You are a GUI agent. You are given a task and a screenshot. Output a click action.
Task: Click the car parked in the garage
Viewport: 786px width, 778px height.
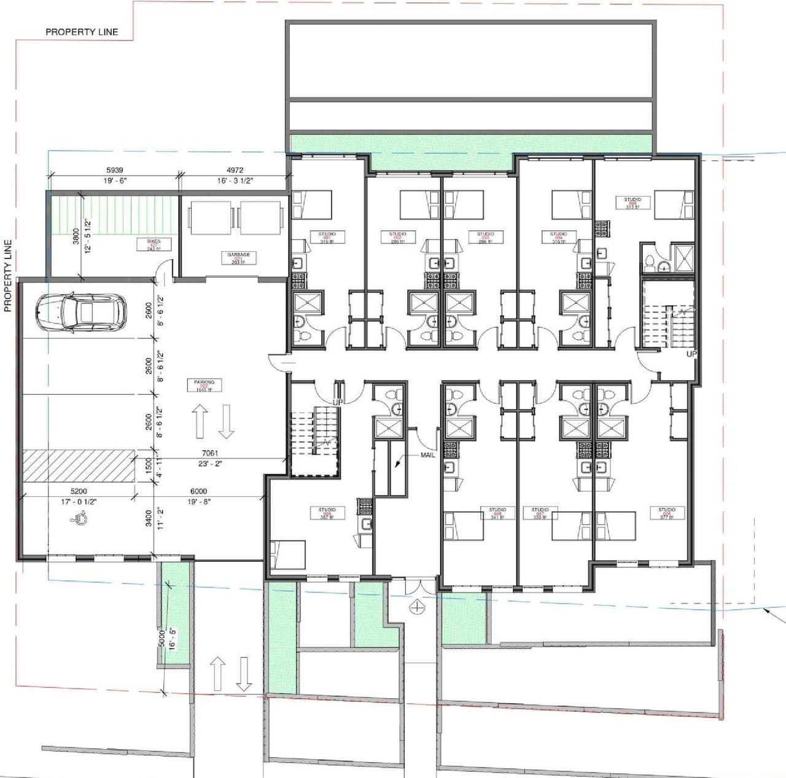[x=81, y=313]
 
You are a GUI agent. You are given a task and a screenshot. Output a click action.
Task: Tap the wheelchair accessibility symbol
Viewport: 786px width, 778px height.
[x=80, y=519]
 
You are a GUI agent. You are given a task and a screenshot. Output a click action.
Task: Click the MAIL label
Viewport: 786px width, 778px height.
[x=427, y=455]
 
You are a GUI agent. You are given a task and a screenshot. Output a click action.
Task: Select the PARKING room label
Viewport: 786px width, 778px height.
[x=204, y=385]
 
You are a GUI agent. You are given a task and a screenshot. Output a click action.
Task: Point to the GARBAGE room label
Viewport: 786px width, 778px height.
[x=238, y=257]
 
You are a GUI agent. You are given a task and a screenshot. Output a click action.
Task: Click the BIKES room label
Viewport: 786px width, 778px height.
[x=154, y=245]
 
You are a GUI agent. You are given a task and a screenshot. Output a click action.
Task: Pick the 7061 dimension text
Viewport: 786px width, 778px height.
[x=210, y=453]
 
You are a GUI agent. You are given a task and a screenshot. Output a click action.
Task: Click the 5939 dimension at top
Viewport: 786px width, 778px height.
[x=115, y=170]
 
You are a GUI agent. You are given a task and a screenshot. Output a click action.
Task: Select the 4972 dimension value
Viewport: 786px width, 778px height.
[x=235, y=170]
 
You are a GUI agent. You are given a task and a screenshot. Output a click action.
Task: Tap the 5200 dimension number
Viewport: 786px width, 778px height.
[x=79, y=491]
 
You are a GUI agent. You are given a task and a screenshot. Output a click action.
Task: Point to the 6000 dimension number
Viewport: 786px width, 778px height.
[x=198, y=491]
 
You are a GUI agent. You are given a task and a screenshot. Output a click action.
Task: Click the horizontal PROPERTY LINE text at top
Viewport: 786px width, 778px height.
[x=82, y=32]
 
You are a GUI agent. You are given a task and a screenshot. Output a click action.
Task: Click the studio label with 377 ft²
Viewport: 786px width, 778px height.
[x=667, y=513]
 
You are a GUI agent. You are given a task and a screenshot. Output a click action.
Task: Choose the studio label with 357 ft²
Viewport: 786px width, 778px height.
[x=327, y=513]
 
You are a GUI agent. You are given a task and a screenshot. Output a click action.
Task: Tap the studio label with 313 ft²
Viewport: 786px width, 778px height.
[x=632, y=203]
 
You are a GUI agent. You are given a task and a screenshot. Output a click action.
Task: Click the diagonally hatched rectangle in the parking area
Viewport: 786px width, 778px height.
[x=79, y=465]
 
